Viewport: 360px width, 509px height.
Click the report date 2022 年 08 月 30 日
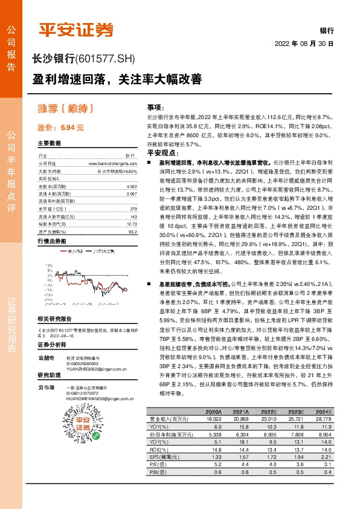(x=304, y=44)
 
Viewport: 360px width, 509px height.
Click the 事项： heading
(x=155, y=106)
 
